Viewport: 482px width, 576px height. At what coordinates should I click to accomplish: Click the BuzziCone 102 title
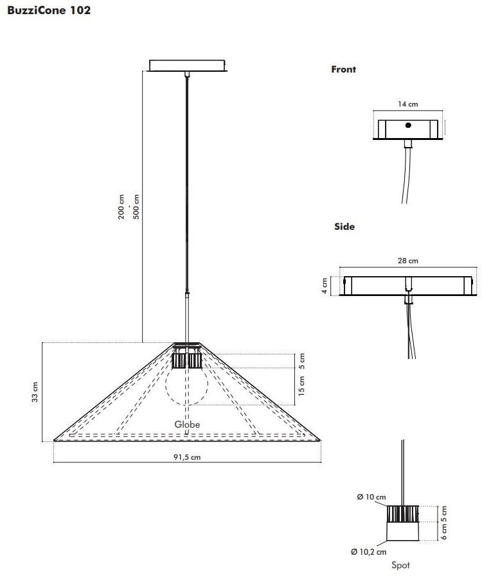point(49,10)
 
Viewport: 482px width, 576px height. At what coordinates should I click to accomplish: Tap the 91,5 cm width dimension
point(187,457)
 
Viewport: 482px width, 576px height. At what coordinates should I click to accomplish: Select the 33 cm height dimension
point(35,392)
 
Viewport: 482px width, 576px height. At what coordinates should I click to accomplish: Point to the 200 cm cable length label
point(121,207)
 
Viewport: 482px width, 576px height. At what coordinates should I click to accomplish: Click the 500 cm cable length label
point(136,207)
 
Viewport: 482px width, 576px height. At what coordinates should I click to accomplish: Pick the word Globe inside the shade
point(187,424)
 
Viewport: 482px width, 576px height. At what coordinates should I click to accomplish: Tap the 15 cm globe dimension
point(302,386)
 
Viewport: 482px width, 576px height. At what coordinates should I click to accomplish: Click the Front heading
point(343,69)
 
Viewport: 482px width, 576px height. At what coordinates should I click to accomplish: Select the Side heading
point(344,227)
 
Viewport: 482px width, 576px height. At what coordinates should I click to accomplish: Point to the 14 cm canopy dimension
point(407,104)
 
